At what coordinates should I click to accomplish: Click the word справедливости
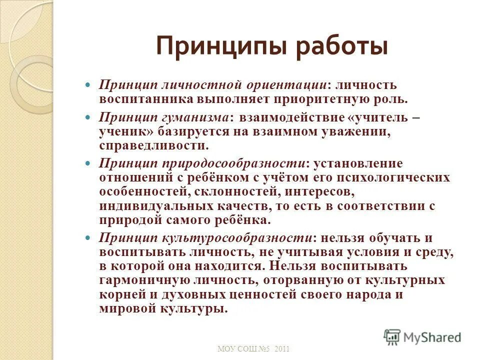point(154,145)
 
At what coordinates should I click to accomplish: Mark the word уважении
point(349,131)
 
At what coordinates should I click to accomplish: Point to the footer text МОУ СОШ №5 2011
point(253,348)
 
